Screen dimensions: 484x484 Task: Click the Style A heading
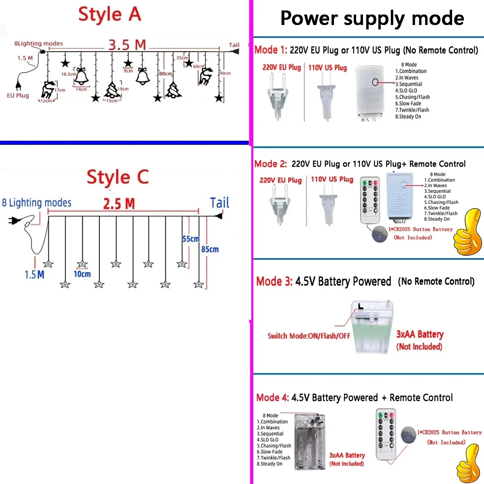109,15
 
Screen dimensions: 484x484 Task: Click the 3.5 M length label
127,45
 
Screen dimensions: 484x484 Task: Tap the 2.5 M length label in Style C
119,204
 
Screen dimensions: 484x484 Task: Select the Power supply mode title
372,19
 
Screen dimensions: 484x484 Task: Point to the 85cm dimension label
210,250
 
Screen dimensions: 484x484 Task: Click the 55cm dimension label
190,239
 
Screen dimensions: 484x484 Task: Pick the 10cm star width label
82,274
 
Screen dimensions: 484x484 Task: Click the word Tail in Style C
219,203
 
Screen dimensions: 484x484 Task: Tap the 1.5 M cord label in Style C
34,275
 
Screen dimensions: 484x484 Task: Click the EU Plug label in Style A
18,96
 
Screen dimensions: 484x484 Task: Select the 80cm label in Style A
165,74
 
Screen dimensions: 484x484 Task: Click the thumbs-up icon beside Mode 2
467,233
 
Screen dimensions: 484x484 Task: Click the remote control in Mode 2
370,200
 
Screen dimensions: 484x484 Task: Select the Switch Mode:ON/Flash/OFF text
309,336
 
